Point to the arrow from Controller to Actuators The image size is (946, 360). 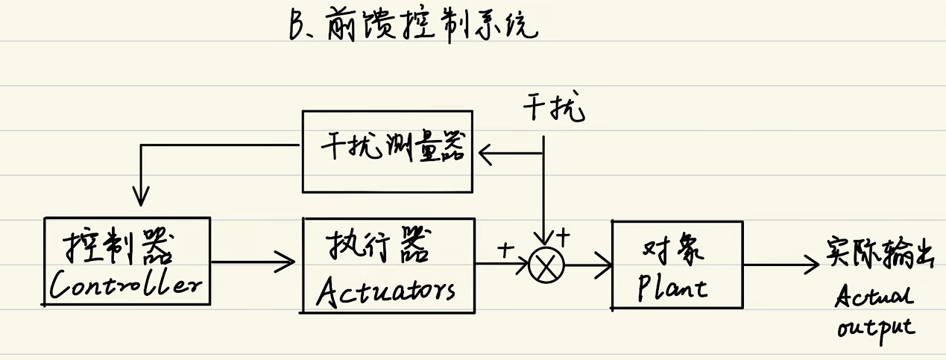coord(253,261)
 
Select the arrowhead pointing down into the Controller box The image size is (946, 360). coord(140,198)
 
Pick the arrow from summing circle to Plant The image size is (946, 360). coord(589,264)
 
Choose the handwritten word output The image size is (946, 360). coord(876,329)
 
